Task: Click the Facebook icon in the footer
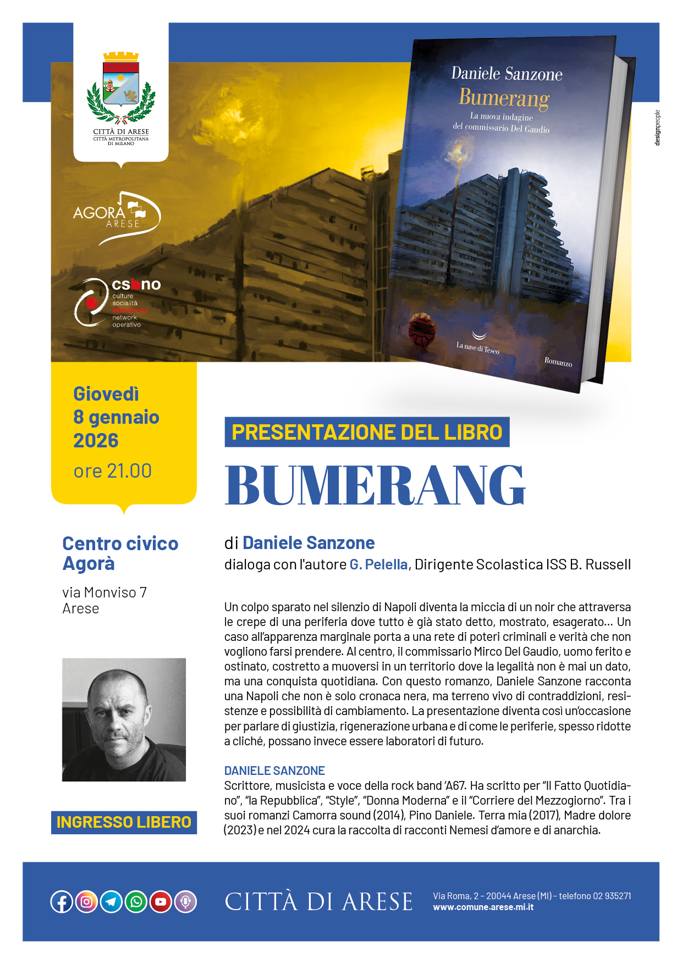coord(62,901)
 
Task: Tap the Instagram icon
coord(86,901)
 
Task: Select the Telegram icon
coord(111,901)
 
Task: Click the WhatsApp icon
coord(136,901)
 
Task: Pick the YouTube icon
coord(161,901)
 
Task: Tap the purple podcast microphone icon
coord(185,901)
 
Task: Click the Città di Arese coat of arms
coord(121,88)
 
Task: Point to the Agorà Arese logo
coord(117,218)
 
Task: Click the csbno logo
coord(118,303)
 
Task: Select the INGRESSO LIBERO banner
coord(124,822)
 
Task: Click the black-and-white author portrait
coord(124,719)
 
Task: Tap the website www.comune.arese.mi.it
coord(483,907)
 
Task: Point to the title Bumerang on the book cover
coord(504,98)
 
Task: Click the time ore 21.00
coord(113,471)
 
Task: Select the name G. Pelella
coord(378,564)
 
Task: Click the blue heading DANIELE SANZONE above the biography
coord(274,771)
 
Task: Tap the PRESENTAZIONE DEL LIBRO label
coord(367,432)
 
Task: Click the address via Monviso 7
coord(105,592)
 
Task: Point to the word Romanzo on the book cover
coord(558,361)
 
